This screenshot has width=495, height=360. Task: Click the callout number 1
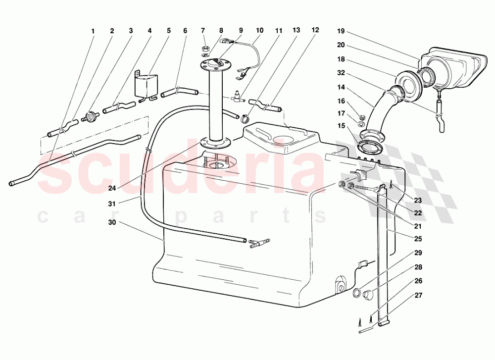coord(93,31)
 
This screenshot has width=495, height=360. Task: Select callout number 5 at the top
coord(168,31)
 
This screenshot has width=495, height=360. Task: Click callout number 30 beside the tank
coord(112,222)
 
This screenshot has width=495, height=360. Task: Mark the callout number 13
coord(296,31)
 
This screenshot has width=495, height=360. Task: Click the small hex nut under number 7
coord(204,49)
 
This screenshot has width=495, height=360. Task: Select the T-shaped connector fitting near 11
coord(237,97)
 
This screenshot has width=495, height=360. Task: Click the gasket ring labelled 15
coord(368,147)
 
